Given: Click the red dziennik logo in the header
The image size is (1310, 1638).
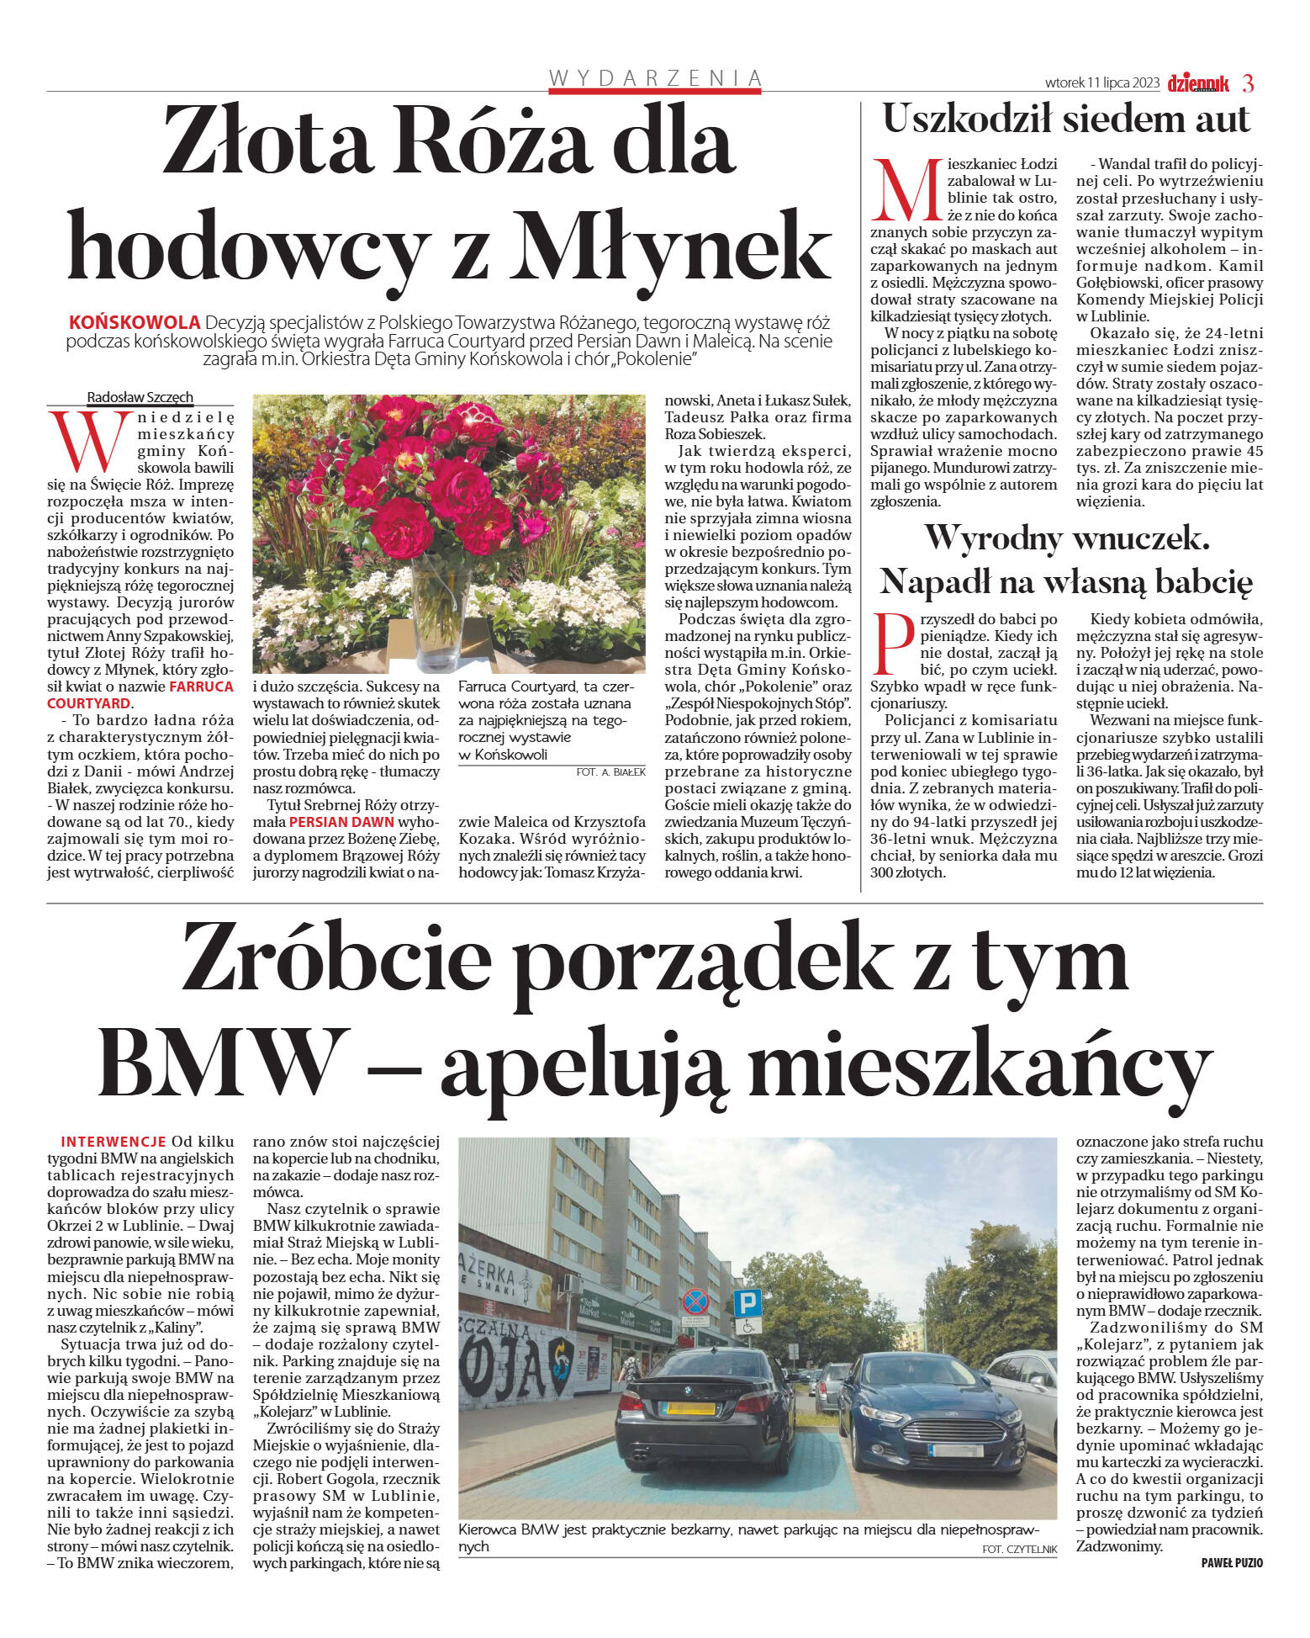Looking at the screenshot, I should [1198, 83].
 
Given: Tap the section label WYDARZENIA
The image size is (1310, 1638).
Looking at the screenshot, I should [655, 78].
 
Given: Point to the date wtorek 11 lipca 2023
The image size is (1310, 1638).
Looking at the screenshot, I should [1102, 83].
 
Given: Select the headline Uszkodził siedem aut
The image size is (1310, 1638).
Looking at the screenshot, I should [1066, 119].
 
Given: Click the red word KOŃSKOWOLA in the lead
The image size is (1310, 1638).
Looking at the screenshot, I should [135, 322].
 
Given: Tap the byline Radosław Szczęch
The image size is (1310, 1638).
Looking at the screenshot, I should [140, 397].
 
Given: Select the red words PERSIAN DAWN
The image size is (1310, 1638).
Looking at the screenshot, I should [341, 822].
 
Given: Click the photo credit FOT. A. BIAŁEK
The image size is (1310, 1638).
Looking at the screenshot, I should [610, 771].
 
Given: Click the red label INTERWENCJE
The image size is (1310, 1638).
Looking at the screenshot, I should [114, 1142].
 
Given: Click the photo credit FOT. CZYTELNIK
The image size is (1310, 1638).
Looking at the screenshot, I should [1019, 1549].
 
